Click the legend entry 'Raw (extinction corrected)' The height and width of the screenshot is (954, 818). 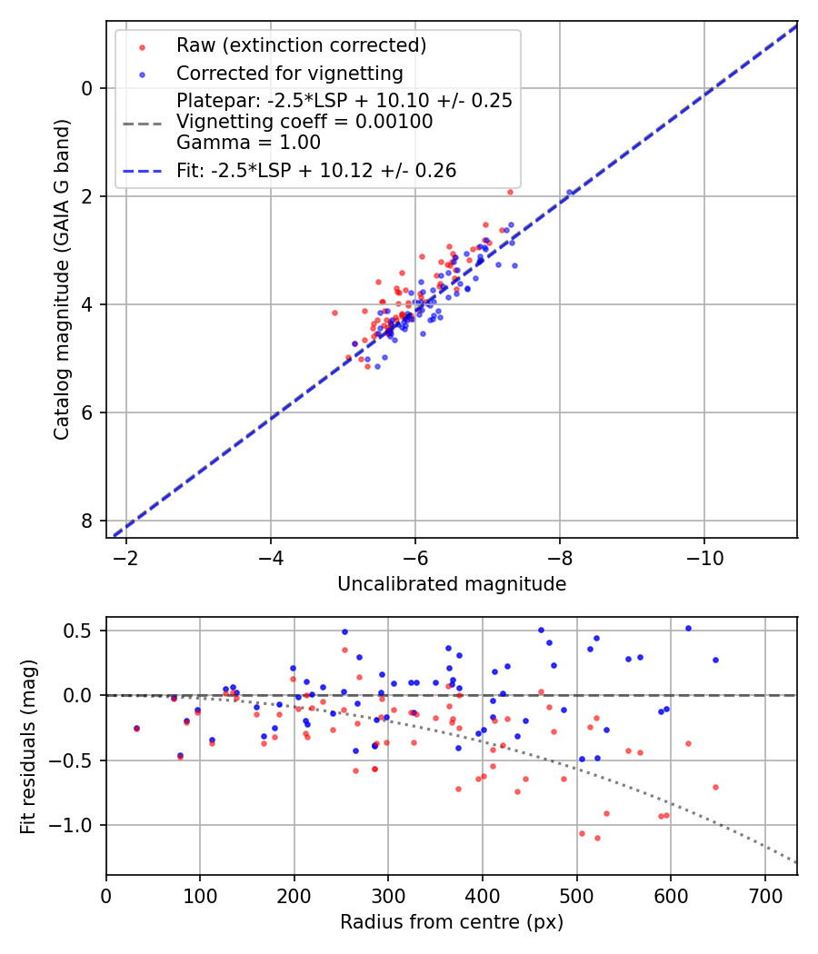[x=301, y=45]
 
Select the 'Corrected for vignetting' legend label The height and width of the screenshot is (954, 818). [x=289, y=73]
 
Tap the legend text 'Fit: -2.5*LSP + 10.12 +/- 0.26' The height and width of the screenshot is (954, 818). [x=316, y=170]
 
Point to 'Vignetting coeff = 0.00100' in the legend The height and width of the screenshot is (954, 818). [x=304, y=122]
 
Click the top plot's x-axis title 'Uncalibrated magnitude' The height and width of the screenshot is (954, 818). [x=452, y=584]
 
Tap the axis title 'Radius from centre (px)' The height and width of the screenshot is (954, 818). [x=452, y=922]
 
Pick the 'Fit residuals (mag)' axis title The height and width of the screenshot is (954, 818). [x=29, y=746]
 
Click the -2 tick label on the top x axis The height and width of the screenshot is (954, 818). [x=126, y=557]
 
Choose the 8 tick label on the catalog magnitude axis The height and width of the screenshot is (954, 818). [x=86, y=521]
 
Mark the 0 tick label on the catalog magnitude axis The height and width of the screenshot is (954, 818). [x=86, y=88]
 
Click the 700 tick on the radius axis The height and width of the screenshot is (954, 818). [x=764, y=895]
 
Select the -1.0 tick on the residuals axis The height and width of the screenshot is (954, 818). [x=77, y=825]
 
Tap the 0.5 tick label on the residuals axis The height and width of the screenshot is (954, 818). [x=82, y=631]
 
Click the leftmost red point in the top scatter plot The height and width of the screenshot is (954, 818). [x=334, y=313]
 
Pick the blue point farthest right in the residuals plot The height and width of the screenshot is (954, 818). [x=715, y=660]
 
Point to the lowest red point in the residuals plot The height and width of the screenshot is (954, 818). [x=597, y=838]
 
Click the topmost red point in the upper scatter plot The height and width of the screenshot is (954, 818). [x=510, y=192]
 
